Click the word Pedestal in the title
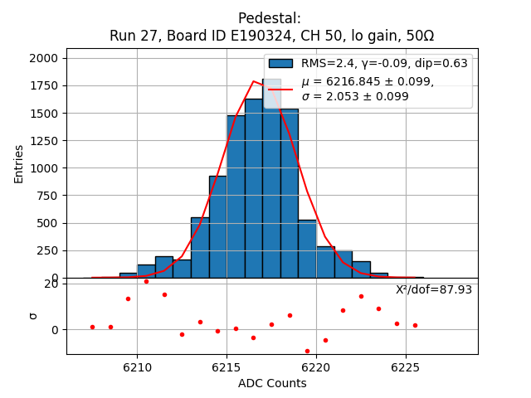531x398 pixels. click(269, 18)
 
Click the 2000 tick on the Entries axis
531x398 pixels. click(46, 58)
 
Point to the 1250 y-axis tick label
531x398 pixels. click(46, 141)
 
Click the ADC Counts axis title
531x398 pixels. click(272, 383)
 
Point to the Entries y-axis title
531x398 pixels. click(19, 163)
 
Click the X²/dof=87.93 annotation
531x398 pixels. click(434, 289)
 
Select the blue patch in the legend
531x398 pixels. click(280, 64)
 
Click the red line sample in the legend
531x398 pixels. click(280, 88)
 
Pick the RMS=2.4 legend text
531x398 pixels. click(325, 64)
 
